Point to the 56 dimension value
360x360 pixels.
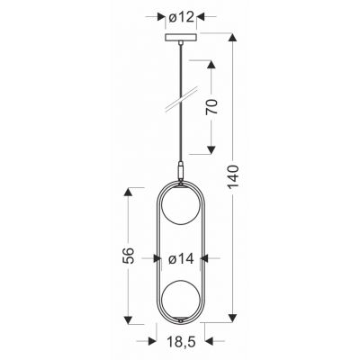pyautogui.click(x=129, y=255)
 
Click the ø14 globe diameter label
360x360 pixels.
pyautogui.click(x=181, y=259)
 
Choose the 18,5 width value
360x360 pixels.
pyautogui.click(x=180, y=343)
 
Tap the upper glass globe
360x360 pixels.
pyautogui.click(x=180, y=221)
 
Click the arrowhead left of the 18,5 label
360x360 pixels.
pyautogui.click(x=153, y=343)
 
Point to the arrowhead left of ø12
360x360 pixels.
pyautogui.click(x=163, y=16)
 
